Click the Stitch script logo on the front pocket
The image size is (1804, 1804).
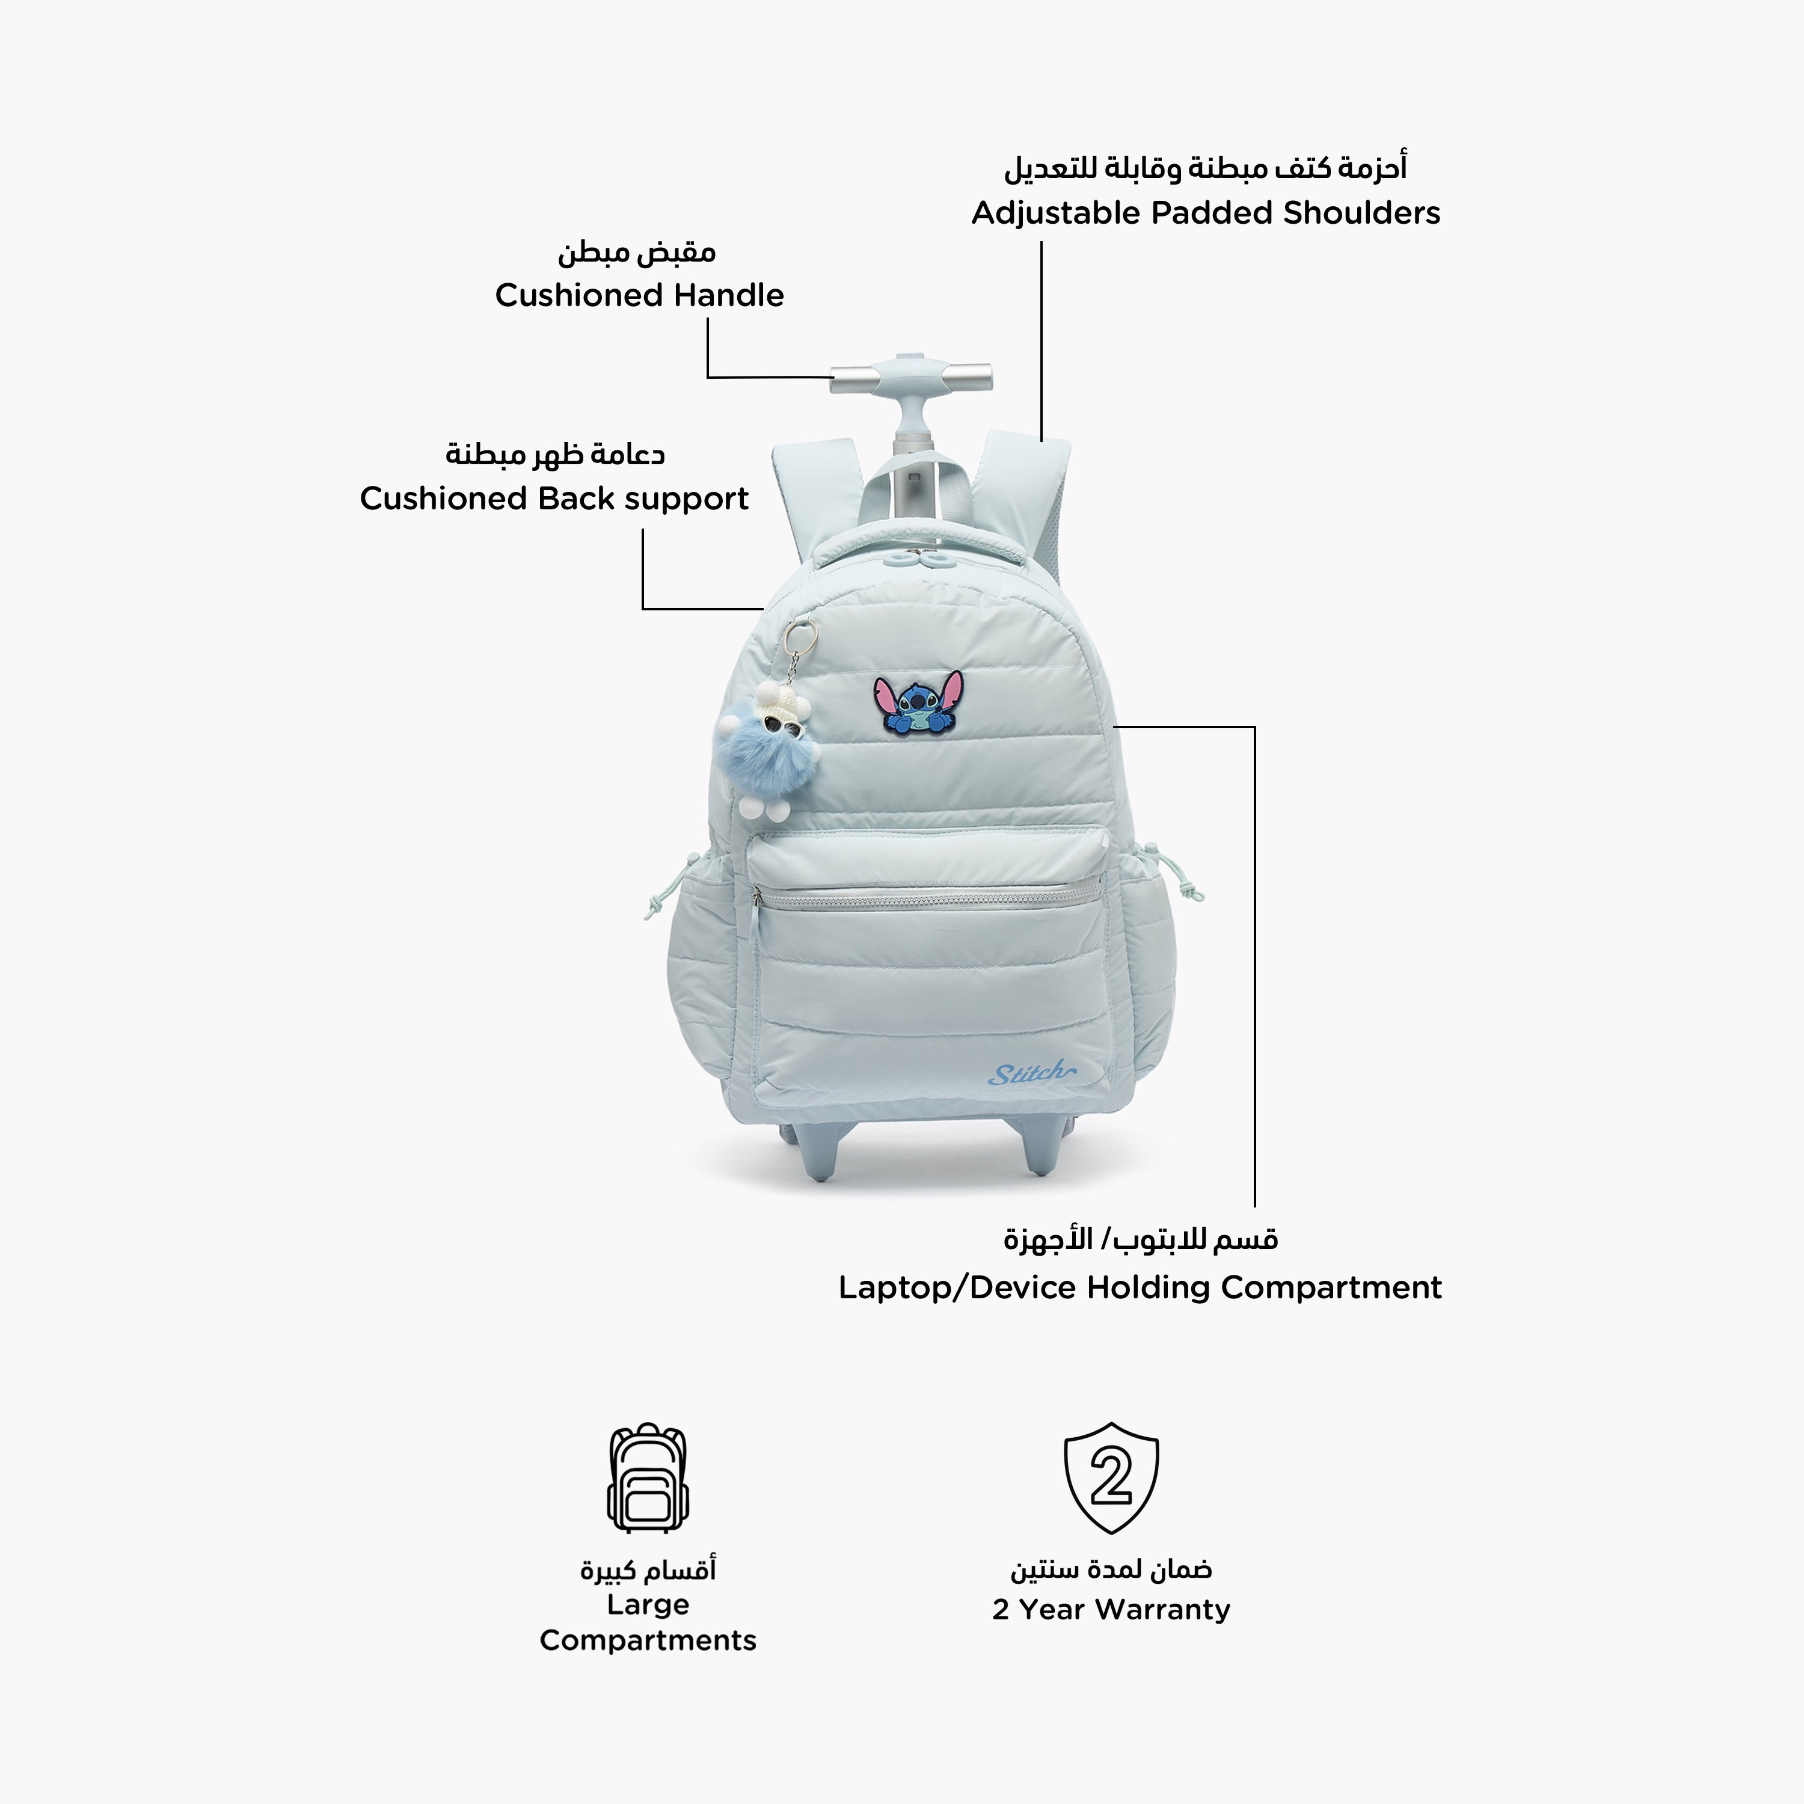[x=1031, y=1074]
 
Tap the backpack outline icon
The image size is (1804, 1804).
[x=648, y=1478]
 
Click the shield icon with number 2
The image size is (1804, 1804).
[x=1111, y=1477]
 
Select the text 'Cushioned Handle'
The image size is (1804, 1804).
[x=640, y=295]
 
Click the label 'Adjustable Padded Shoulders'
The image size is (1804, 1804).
[x=1206, y=213]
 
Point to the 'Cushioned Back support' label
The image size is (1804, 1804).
[x=554, y=499]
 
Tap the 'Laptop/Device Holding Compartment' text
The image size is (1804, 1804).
[x=1140, y=1287]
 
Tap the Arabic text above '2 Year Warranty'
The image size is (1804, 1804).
[x=1111, y=1569]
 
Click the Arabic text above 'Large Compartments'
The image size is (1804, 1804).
[x=648, y=1569]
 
